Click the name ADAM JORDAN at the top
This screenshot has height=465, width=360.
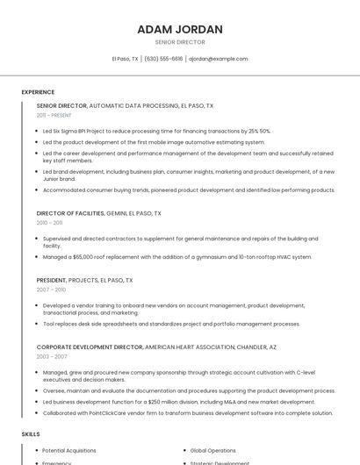(180, 29)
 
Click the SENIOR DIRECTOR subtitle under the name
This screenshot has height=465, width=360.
(180, 42)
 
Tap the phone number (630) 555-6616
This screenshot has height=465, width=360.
(163, 59)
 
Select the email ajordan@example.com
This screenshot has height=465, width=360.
(219, 59)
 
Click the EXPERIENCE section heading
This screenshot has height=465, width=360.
(38, 92)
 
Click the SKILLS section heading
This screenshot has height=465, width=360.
(30, 433)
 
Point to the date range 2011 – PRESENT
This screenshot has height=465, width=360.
(54, 115)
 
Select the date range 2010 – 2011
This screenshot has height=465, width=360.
(49, 223)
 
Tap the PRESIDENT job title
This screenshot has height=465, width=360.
(51, 280)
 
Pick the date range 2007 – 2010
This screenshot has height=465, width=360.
(51, 290)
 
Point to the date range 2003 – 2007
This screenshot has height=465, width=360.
(51, 357)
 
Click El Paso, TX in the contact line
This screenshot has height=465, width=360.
(125, 59)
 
